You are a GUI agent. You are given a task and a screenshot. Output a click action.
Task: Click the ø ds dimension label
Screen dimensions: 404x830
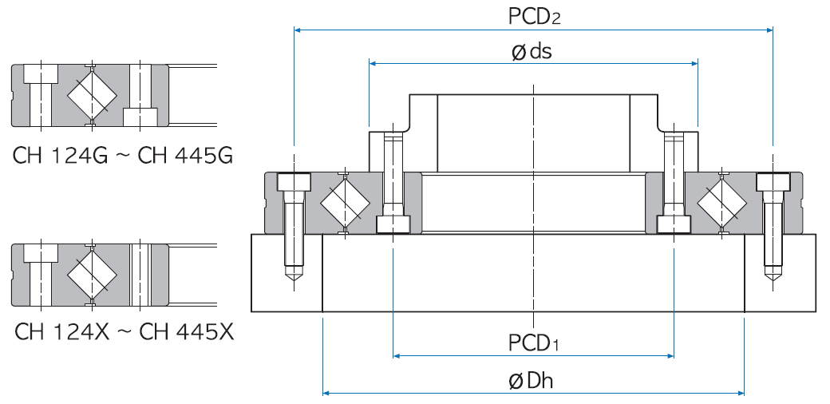(532, 51)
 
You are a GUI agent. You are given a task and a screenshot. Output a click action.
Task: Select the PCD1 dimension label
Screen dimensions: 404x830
(533, 343)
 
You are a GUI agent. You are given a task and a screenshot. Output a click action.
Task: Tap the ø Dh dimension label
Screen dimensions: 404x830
(532, 381)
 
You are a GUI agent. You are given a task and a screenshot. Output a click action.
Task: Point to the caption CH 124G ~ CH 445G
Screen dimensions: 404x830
(122, 155)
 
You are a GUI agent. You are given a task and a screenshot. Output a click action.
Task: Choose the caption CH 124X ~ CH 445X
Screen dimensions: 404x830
(124, 331)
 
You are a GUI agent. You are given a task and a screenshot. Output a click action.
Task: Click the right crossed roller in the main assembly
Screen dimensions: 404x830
(721, 203)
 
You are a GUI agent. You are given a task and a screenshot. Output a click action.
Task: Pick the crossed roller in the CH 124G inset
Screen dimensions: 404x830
(92, 95)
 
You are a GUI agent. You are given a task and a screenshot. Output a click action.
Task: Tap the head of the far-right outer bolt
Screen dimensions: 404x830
(772, 183)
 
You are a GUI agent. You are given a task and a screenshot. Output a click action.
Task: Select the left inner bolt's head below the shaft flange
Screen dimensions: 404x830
(393, 224)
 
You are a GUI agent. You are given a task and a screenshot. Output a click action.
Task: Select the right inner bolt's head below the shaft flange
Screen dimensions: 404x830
(674, 224)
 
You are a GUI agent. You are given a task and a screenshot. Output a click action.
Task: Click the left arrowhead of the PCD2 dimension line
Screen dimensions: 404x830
(298, 30)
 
